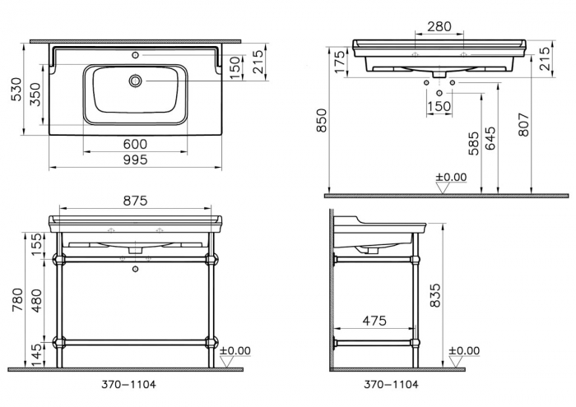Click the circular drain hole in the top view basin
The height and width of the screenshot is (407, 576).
[x=135, y=81]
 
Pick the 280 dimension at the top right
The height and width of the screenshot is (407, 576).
[x=441, y=27]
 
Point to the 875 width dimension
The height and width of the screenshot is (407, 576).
[x=137, y=200]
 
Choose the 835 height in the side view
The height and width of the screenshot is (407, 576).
[x=436, y=297]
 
